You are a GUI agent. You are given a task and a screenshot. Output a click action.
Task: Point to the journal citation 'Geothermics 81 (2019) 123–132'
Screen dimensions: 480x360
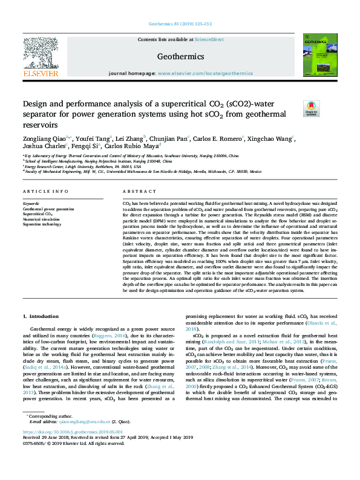(x=179, y=24)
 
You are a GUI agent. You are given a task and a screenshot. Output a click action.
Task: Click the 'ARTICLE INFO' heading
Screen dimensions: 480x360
(x=45, y=191)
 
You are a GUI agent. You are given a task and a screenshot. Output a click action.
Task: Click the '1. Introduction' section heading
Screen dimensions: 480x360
(x=41, y=316)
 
